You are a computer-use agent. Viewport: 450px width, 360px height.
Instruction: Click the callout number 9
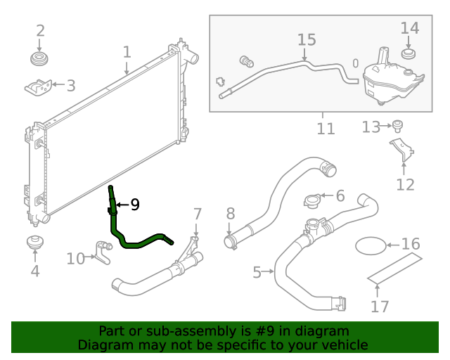(134, 205)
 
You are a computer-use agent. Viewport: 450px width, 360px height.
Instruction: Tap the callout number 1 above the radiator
(127, 52)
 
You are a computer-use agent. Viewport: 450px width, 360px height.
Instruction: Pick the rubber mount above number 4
(35, 243)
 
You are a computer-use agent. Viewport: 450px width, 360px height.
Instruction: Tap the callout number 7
(198, 213)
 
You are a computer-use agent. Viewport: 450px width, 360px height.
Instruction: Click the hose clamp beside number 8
(230, 243)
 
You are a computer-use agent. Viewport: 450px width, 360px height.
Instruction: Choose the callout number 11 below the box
(325, 129)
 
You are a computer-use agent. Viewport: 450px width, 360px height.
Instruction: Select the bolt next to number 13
(398, 127)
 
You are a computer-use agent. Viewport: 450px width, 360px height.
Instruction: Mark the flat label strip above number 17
(396, 269)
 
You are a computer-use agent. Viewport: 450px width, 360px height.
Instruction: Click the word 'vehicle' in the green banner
(343, 345)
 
